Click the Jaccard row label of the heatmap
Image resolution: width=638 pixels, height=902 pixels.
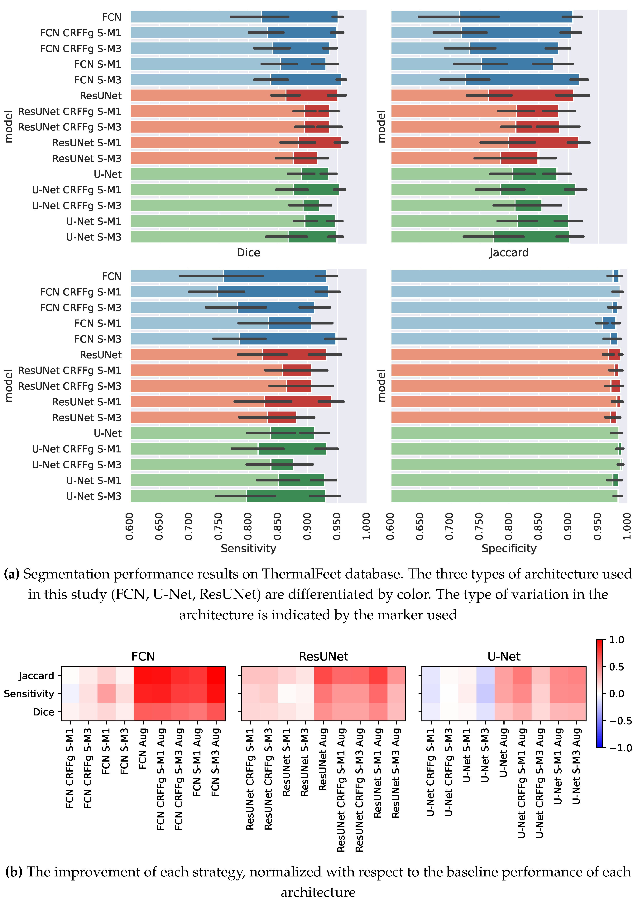coord(36,676)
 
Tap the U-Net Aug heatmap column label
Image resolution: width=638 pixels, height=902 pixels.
coord(504,753)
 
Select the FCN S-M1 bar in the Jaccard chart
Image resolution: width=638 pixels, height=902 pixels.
coord(471,64)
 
